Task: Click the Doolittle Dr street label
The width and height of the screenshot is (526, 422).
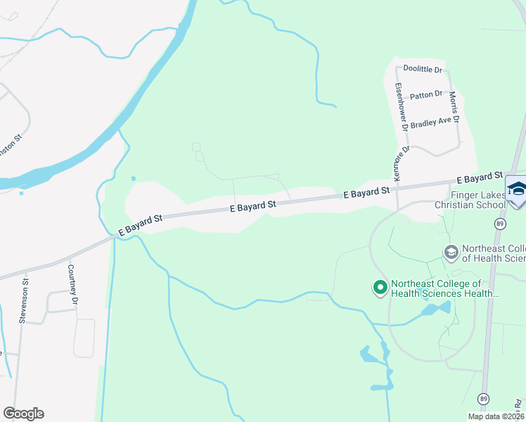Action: [x=423, y=69]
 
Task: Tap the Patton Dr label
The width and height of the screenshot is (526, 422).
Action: [x=426, y=94]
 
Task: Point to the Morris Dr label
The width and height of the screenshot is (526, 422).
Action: [x=454, y=107]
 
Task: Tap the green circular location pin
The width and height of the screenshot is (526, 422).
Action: [x=380, y=287]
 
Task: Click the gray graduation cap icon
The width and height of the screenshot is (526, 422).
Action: [x=450, y=251]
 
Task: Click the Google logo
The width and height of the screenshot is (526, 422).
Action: [x=23, y=414]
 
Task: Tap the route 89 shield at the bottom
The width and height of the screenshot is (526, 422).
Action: [x=484, y=399]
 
